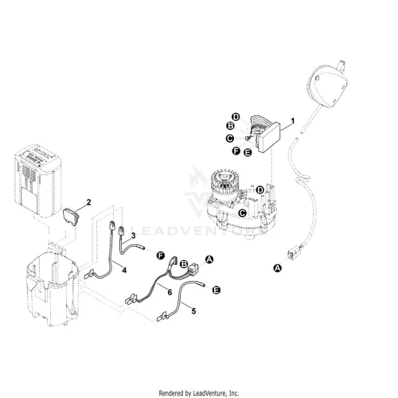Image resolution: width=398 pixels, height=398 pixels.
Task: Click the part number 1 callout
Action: (x=293, y=121)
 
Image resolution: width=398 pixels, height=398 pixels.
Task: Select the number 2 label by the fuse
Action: (x=89, y=202)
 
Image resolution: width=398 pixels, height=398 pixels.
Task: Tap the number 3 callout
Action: (x=133, y=236)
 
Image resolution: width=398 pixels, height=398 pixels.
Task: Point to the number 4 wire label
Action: (x=124, y=271)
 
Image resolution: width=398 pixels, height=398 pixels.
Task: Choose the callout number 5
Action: (x=193, y=311)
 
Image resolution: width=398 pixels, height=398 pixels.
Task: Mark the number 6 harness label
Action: (x=170, y=292)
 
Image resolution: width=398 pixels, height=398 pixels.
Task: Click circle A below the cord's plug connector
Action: (x=278, y=268)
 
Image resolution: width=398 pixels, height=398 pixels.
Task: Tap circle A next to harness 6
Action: (x=209, y=259)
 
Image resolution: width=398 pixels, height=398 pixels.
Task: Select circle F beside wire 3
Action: (x=161, y=256)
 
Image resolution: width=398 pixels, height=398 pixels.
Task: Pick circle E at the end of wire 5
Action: (x=217, y=290)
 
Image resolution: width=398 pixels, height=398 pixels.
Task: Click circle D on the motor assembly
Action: (x=260, y=190)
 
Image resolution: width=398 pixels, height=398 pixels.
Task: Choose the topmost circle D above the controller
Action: (x=236, y=117)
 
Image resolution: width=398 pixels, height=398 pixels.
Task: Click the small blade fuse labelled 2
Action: (x=71, y=217)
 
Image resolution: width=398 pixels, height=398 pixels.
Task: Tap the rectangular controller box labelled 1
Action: (x=269, y=137)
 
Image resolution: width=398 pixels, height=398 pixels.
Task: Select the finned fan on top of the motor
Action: (x=225, y=183)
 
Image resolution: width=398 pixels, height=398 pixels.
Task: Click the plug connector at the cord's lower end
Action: (x=292, y=253)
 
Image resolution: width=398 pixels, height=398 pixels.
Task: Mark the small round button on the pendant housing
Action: (x=316, y=78)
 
